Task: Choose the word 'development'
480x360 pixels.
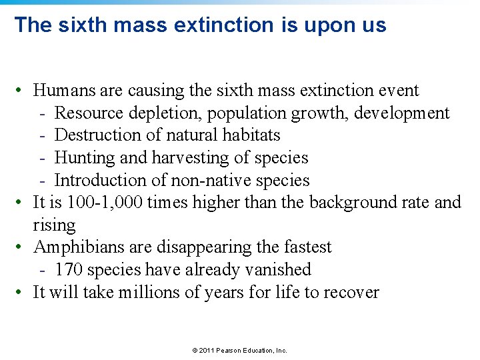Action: coord(401,113)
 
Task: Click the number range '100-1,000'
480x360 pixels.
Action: coord(105,202)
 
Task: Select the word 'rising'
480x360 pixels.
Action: coord(54,225)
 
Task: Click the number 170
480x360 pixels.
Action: coord(69,269)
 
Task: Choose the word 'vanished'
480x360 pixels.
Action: coord(284,269)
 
